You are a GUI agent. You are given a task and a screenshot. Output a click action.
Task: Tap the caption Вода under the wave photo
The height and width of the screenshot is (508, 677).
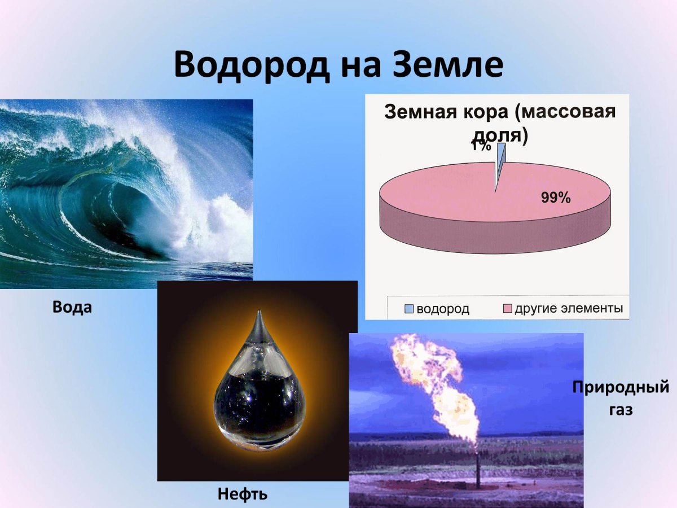click(x=72, y=308)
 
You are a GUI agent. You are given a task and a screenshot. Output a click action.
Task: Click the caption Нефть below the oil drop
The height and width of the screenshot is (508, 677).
click(x=243, y=494)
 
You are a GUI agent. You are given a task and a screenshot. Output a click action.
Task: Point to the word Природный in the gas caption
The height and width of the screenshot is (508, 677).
click(x=621, y=388)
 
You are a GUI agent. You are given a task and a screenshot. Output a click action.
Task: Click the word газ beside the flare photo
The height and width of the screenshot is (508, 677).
click(x=621, y=410)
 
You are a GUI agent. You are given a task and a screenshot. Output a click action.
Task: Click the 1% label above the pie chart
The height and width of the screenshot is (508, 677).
click(x=481, y=146)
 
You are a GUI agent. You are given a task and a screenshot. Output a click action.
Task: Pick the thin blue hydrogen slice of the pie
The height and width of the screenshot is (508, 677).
click(x=500, y=164)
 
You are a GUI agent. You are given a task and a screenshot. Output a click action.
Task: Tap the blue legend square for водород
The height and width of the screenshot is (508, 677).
click(x=408, y=309)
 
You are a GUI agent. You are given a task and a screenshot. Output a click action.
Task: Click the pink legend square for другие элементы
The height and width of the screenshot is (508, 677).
click(x=507, y=309)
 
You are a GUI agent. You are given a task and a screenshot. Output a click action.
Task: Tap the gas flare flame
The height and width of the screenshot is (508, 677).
click(x=434, y=384)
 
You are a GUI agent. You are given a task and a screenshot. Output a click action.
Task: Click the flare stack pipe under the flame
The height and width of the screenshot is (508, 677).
click(x=478, y=468)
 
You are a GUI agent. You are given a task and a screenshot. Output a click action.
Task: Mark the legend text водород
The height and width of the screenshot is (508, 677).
click(x=443, y=309)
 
